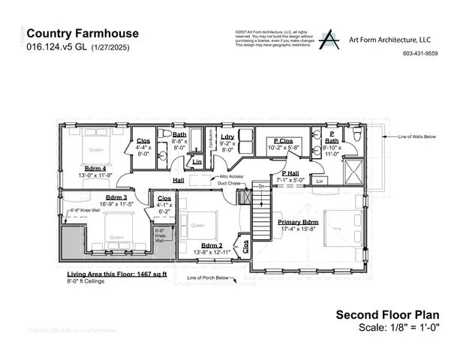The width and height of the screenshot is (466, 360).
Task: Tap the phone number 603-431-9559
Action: pos(420,53)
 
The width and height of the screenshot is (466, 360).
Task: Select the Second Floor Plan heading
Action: pos(386,314)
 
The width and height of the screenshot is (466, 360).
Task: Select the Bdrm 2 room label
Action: pos(213,245)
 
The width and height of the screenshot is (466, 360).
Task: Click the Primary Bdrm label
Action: pos(299,222)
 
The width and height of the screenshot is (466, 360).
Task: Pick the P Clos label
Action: pos(283,140)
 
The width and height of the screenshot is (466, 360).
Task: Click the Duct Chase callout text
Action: pos(230,182)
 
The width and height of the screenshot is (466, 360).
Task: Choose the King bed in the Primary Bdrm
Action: pos(338,227)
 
